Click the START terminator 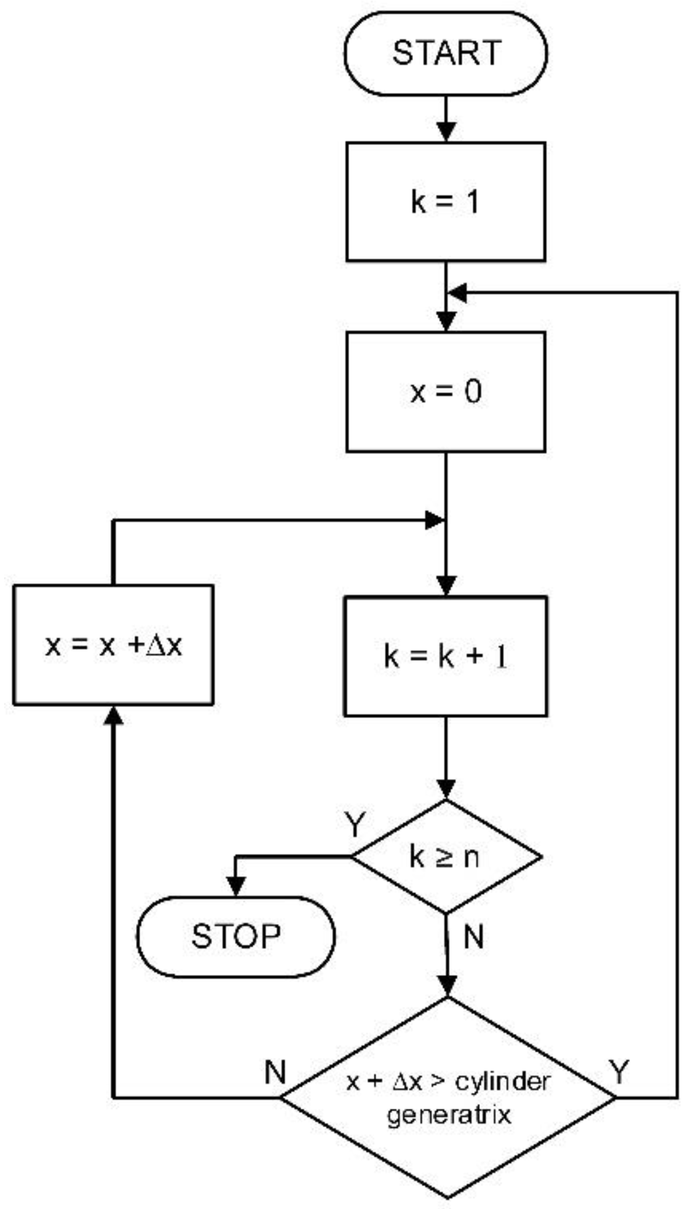(446, 53)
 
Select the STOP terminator (236, 936)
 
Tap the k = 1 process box (446, 201)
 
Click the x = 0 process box (446, 391)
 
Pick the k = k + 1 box (446, 656)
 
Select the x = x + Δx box (113, 645)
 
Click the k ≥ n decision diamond (446, 857)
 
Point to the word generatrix (448, 1114)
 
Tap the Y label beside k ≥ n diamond (354, 825)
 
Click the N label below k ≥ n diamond (474, 938)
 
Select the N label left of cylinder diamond (275, 1072)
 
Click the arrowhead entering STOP (236, 887)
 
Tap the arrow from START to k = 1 (446, 119)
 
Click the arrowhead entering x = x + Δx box (114, 715)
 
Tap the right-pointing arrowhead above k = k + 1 (434, 520)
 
